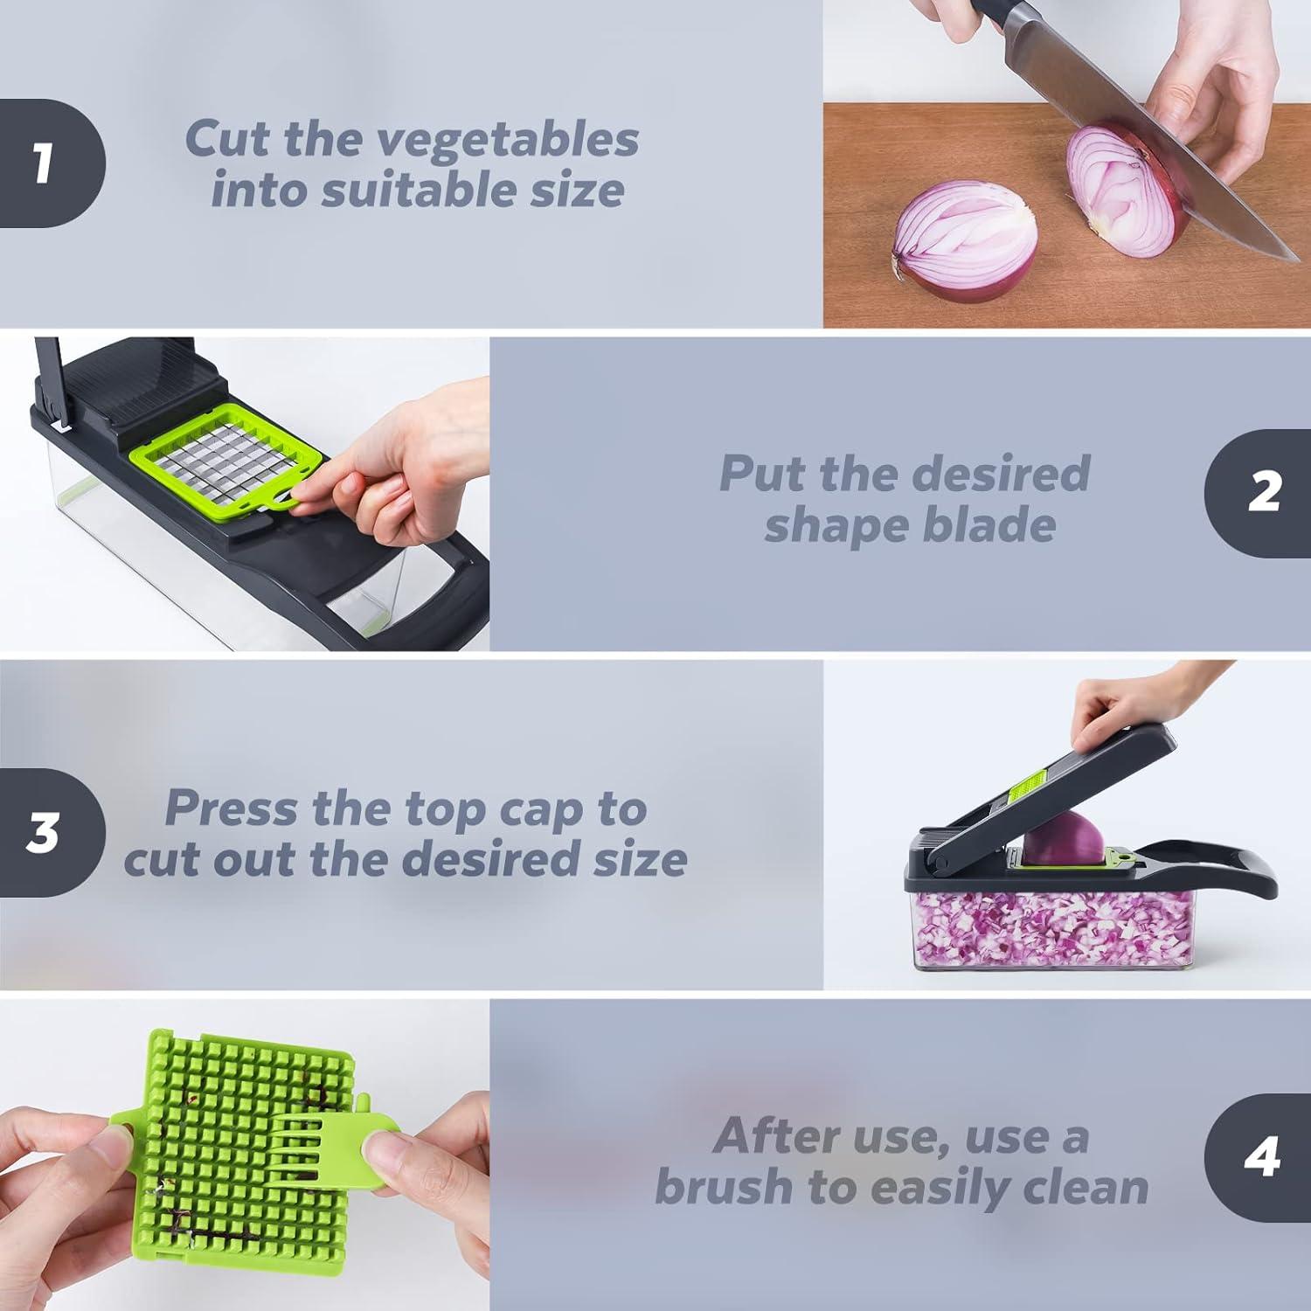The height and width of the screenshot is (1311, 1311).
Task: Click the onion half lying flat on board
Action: [x=965, y=246]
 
